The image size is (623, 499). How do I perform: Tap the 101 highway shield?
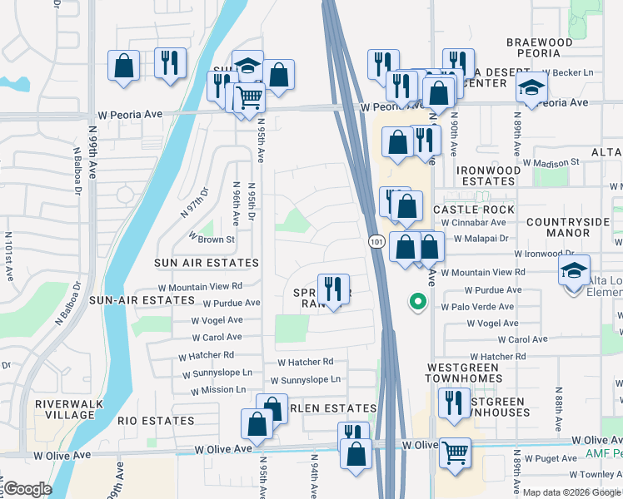[x=376, y=241]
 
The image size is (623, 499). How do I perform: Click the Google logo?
[x=28, y=488]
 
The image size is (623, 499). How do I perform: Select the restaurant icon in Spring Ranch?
[x=333, y=289]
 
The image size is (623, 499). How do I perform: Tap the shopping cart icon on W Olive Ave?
[x=455, y=453]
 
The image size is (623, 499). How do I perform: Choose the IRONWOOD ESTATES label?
[x=486, y=175]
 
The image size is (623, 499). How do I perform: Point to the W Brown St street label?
[x=212, y=239]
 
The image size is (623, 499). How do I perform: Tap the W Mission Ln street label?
[x=217, y=389]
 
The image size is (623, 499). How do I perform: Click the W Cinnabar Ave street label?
[x=473, y=223]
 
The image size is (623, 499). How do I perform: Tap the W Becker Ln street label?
[x=568, y=74]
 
